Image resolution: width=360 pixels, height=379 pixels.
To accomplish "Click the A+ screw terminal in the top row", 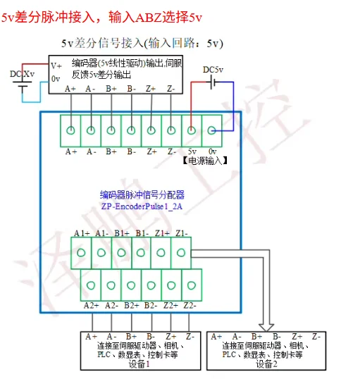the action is [70, 130].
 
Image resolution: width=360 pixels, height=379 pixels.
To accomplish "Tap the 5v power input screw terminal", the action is [192, 130].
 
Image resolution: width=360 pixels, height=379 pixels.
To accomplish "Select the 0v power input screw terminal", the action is [211, 130].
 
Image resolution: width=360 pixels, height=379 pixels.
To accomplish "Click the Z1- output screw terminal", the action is [181, 253].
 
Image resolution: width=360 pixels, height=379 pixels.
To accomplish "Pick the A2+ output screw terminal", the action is [91, 285].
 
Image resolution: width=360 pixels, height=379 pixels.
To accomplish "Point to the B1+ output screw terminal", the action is [121, 253].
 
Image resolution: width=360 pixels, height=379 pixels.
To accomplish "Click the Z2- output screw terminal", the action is [192, 285].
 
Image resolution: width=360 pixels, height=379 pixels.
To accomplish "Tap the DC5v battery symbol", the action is [213, 82].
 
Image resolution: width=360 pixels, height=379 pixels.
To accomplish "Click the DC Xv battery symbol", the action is [23, 86].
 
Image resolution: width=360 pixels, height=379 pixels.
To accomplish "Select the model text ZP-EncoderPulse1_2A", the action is [142, 206].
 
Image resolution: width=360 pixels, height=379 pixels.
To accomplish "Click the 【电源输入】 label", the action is [205, 161].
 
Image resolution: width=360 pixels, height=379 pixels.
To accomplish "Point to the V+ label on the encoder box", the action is [56, 66].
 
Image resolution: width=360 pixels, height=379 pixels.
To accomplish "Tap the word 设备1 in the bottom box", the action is [139, 364].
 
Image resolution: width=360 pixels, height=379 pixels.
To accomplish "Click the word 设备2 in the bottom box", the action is [266, 364].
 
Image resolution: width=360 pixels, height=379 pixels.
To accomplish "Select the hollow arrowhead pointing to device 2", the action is [266, 328].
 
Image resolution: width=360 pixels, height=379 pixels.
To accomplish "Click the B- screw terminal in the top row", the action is [131, 130].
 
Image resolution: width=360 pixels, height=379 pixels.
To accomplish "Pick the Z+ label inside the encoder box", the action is [151, 89].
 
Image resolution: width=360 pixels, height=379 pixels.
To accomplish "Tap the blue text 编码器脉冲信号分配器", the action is [142, 195].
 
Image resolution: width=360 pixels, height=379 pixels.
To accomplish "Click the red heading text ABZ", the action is [149, 18].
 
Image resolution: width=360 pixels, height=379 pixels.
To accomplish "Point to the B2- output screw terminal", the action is [151, 285].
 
